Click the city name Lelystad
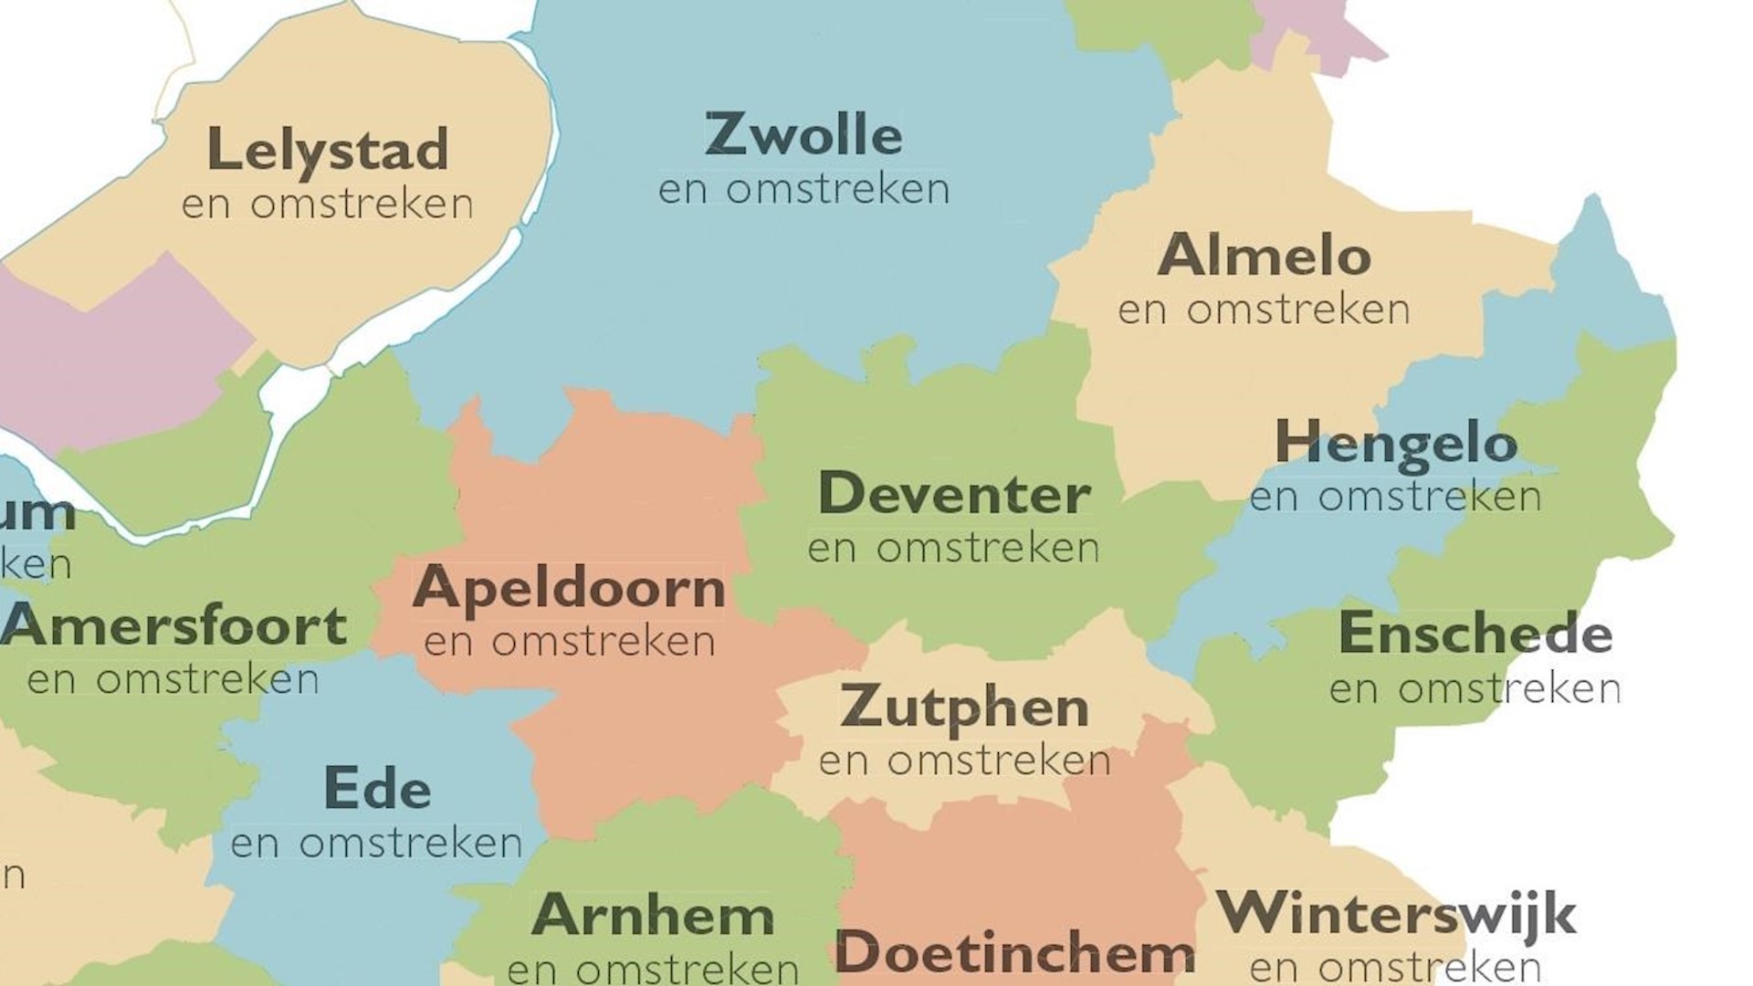point(328,150)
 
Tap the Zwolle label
point(803,135)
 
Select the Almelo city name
point(1264,256)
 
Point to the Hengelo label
point(1395,444)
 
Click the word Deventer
point(954,494)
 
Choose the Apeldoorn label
point(569,588)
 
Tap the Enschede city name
point(1475,634)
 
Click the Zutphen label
point(964,708)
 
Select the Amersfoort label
point(173,626)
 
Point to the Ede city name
point(377,790)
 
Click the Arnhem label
point(653,915)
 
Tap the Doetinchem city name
point(1014,952)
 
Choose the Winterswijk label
point(1396,913)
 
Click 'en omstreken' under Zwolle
point(803,190)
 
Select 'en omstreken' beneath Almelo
point(1264,310)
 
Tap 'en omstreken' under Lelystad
point(328,205)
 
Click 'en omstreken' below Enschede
point(1475,689)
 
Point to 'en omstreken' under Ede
point(376,844)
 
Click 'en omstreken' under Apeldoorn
point(569,642)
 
